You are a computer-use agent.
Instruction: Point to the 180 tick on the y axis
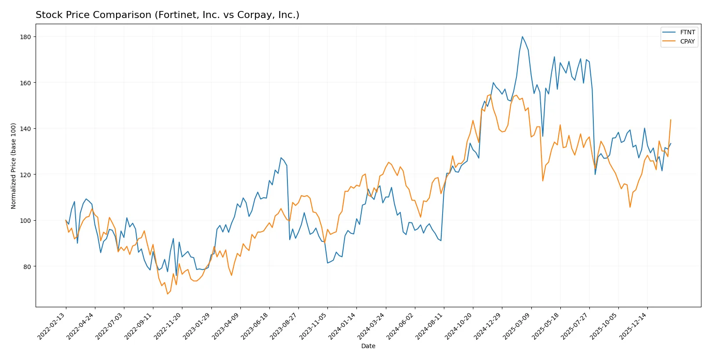point(25,37)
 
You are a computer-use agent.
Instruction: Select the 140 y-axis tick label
point(25,129)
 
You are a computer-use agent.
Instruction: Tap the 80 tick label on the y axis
point(27,267)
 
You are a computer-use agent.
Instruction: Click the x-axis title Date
point(368,346)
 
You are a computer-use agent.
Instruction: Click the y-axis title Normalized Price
point(14,166)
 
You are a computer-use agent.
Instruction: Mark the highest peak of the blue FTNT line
point(522,36)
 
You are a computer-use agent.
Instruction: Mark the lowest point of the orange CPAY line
point(167,294)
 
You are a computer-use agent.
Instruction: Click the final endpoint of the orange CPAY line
point(671,120)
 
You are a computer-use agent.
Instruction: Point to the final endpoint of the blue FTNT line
point(671,143)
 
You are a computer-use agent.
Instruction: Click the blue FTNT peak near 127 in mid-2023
point(281,158)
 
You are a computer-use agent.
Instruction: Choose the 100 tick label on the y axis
point(25,221)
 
